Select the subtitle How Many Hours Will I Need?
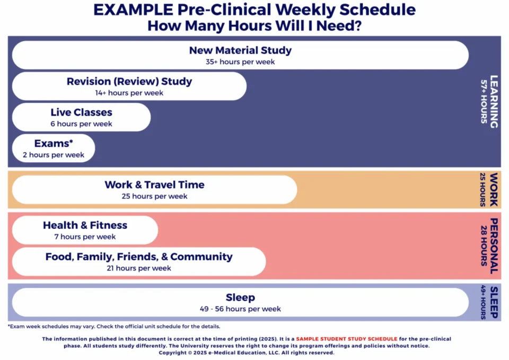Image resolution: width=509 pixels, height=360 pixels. click(254, 25)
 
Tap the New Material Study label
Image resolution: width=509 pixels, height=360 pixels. click(240, 50)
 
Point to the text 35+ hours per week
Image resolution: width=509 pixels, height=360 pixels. click(240, 62)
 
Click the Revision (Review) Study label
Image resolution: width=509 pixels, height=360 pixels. click(129, 82)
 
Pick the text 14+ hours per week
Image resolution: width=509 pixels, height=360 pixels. click(129, 93)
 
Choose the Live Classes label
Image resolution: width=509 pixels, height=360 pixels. click(81, 112)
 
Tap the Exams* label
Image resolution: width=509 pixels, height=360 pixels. click(53, 143)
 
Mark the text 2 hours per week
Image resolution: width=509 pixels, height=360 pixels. click(53, 155)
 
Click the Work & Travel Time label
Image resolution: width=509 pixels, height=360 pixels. click(154, 185)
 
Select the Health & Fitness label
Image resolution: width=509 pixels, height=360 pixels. click(85, 225)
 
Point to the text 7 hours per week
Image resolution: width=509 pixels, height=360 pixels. click(85, 236)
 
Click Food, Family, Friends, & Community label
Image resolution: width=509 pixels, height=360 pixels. click(139, 257)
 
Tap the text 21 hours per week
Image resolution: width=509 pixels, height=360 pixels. click(139, 268)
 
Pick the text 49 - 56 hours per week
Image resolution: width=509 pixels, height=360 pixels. click(240, 309)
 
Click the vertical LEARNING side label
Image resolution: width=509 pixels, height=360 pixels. click(494, 101)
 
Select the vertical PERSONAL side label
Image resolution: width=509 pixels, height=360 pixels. click(494, 245)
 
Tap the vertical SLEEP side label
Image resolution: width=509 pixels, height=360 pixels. click(494, 302)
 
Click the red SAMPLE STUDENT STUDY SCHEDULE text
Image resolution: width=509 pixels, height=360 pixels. click(346, 339)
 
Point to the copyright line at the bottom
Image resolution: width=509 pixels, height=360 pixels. click(247, 353)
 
